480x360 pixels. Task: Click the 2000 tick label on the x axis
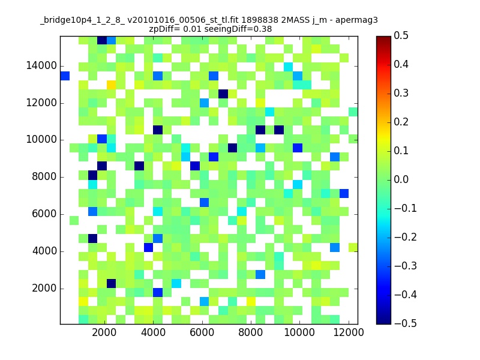pyautogui.click(x=104, y=332)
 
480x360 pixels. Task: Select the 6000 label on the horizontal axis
pyautogui.click(x=202, y=332)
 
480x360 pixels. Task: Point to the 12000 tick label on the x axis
pyautogui.click(x=349, y=332)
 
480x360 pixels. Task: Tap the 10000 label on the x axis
pyautogui.click(x=299, y=332)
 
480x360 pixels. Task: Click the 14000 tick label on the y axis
pyautogui.click(x=41, y=65)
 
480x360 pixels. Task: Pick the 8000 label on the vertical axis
pyautogui.click(x=44, y=176)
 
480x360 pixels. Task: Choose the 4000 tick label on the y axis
pyautogui.click(x=44, y=251)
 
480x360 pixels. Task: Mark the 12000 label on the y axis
pyautogui.click(x=41, y=103)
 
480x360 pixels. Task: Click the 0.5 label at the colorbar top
pyautogui.click(x=401, y=35)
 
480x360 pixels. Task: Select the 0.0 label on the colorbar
pyautogui.click(x=401, y=179)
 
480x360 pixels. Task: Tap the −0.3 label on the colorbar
pyautogui.click(x=406, y=266)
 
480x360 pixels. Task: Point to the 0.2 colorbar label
pyautogui.click(x=401, y=122)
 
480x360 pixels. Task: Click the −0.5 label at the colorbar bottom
pyautogui.click(x=406, y=323)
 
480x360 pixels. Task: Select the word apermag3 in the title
pyautogui.click(x=356, y=21)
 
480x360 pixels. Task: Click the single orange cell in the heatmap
pyautogui.click(x=111, y=85)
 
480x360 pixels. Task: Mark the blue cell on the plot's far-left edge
pyautogui.click(x=65, y=76)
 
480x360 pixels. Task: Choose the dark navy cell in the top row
pyautogui.click(x=102, y=40)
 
